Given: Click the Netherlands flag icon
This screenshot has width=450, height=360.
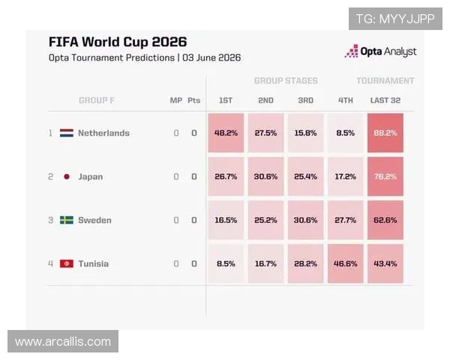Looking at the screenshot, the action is [x=67, y=133].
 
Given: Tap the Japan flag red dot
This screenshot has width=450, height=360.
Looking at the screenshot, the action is [x=67, y=176].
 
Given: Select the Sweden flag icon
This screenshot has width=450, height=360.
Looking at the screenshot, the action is [x=67, y=220].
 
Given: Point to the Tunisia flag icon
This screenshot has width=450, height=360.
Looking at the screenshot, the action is [x=67, y=263].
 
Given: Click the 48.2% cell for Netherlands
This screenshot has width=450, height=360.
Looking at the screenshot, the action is [x=226, y=133].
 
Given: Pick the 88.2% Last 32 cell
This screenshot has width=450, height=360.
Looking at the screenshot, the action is [x=385, y=133].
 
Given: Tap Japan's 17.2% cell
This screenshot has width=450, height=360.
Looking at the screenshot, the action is [x=345, y=176].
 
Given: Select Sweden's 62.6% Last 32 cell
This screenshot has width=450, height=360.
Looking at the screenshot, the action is [x=385, y=220].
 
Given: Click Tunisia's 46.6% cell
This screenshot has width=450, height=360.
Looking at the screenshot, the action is [x=345, y=263].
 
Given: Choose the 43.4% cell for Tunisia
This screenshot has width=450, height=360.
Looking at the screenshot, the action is [x=385, y=263].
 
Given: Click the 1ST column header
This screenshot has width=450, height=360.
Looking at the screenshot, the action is [x=226, y=100].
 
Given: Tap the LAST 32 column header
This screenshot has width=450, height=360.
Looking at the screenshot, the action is [x=385, y=100].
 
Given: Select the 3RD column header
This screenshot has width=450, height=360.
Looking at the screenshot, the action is [x=305, y=100].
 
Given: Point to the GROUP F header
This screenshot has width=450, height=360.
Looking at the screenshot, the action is [x=97, y=100].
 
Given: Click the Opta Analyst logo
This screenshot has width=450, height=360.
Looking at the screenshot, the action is [x=380, y=52].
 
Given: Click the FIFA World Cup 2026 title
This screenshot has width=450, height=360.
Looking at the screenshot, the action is [x=118, y=42].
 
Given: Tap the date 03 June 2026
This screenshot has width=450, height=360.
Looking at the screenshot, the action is [x=211, y=58].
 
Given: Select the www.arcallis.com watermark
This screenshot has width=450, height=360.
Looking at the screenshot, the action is [x=63, y=341].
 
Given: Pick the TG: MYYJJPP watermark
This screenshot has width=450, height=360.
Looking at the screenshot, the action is [x=395, y=19].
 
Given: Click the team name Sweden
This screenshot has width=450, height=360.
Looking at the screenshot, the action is [x=94, y=220].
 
